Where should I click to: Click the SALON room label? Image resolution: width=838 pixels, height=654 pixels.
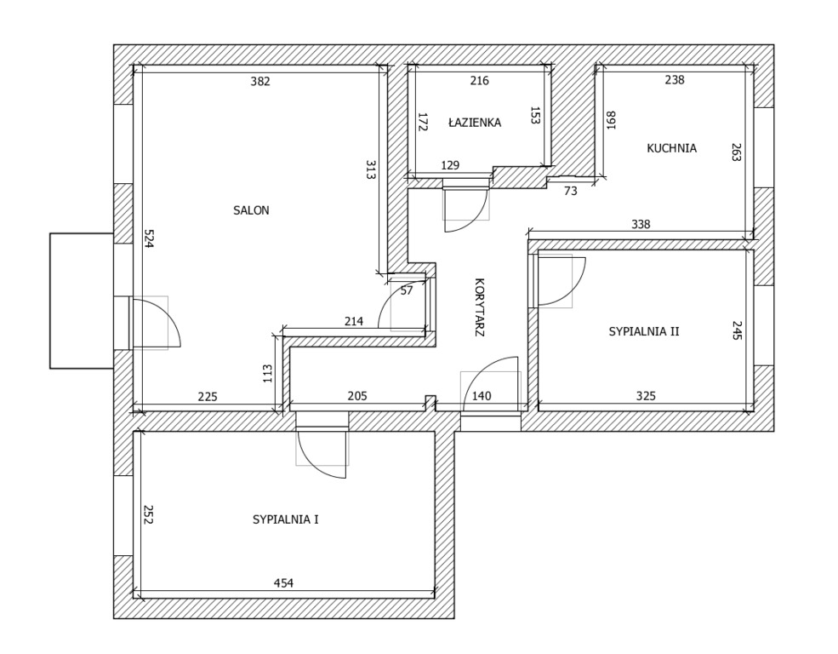[x=251, y=210]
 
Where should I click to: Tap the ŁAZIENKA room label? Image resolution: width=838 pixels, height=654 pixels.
[x=475, y=123]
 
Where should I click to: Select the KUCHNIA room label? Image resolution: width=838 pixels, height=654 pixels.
[x=672, y=148]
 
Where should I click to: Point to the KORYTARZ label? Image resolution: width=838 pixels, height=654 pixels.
[x=479, y=307]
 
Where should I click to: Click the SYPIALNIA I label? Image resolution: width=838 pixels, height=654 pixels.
[x=285, y=519]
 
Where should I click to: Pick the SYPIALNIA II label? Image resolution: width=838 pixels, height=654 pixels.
[x=644, y=331]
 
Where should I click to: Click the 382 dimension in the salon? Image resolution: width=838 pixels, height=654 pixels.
[x=260, y=81]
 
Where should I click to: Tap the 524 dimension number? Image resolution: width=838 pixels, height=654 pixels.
[x=149, y=238]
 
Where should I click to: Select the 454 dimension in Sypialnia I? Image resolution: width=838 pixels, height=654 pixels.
[x=283, y=582]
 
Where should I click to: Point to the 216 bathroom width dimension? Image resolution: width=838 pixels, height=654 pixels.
[x=479, y=81]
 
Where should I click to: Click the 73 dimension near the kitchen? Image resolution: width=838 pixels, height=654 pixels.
[x=571, y=191]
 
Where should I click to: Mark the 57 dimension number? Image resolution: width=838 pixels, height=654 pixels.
[x=407, y=291]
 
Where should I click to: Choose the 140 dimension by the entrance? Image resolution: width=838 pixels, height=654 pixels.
[x=482, y=396]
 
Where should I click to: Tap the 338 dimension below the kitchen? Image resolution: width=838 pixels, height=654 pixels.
[x=641, y=224]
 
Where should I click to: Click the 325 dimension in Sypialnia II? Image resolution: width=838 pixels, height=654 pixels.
[x=646, y=396]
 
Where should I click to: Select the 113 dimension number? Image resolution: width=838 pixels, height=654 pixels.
[x=268, y=373]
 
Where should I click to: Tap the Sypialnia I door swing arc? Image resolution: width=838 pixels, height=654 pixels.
[x=310, y=462]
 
